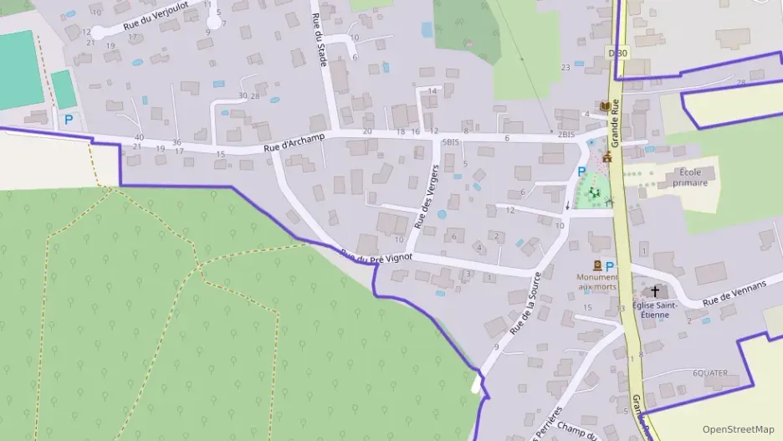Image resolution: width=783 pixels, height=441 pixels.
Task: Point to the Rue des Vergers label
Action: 427,197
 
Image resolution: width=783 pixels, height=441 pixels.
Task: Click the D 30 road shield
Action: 617,53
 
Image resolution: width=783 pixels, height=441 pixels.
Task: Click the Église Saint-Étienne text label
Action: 655,310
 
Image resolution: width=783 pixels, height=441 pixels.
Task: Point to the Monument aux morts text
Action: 596,282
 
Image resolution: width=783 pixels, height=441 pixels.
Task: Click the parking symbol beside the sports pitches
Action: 69,121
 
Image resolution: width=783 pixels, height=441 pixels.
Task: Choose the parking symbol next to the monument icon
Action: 609,266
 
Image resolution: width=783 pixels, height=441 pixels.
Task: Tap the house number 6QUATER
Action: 710,372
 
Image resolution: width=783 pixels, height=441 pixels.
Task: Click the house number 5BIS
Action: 450,142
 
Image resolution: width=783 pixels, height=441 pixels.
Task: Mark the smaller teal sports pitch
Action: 64,90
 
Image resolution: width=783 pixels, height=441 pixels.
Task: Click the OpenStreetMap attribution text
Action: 738,429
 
